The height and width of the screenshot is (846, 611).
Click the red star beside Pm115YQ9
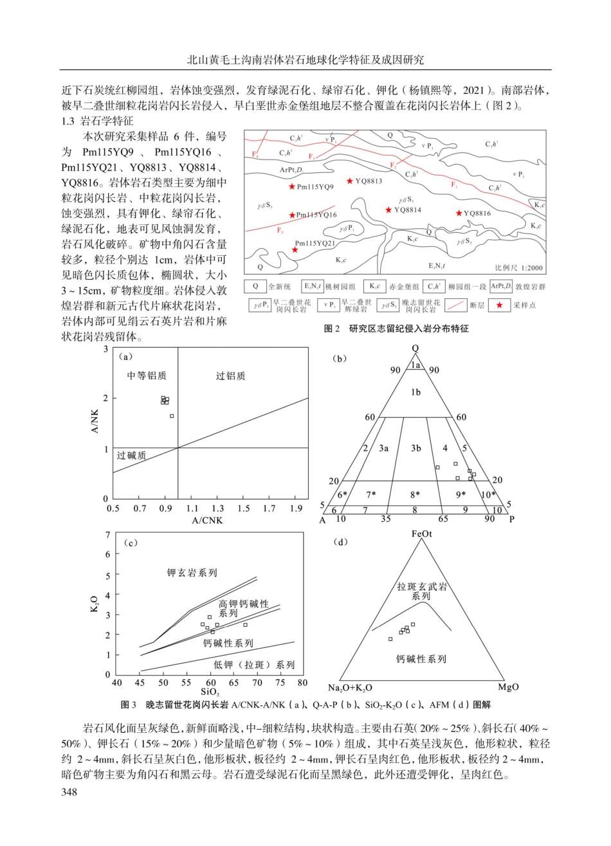(292, 186)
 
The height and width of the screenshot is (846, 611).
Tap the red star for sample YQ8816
(459, 213)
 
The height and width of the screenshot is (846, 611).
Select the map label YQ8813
(369, 181)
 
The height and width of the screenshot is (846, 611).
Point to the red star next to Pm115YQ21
(295, 249)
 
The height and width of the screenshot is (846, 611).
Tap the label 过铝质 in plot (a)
(230, 376)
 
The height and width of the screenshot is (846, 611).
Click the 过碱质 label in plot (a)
(131, 455)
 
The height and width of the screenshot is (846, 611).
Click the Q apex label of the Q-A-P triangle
(415, 348)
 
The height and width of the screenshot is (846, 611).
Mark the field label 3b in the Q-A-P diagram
(416, 448)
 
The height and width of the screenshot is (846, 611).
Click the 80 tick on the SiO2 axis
(304, 682)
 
